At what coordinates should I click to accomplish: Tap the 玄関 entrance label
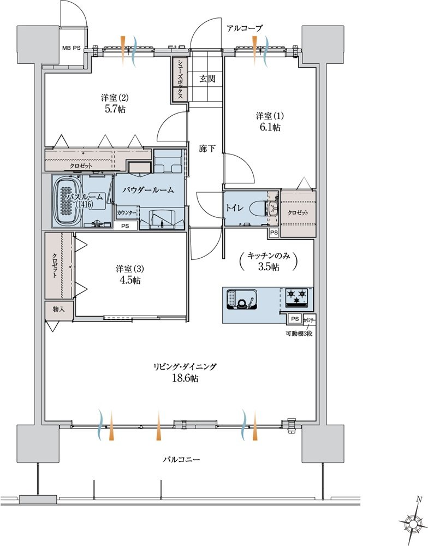(207, 79)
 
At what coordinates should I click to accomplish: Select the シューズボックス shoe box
(180, 80)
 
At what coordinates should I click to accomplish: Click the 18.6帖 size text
(185, 378)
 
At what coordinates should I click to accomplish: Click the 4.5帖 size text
(129, 280)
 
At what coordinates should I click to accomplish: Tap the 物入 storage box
(59, 310)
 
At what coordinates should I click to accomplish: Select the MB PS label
(72, 48)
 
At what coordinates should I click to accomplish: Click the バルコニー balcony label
(182, 460)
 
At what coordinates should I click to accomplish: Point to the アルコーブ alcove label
(245, 28)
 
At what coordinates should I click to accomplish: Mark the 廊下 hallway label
(207, 149)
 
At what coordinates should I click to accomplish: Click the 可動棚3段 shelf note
(299, 333)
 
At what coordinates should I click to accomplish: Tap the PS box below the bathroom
(124, 226)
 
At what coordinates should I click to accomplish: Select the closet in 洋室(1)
(298, 213)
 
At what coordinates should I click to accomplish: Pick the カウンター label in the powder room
(127, 212)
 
